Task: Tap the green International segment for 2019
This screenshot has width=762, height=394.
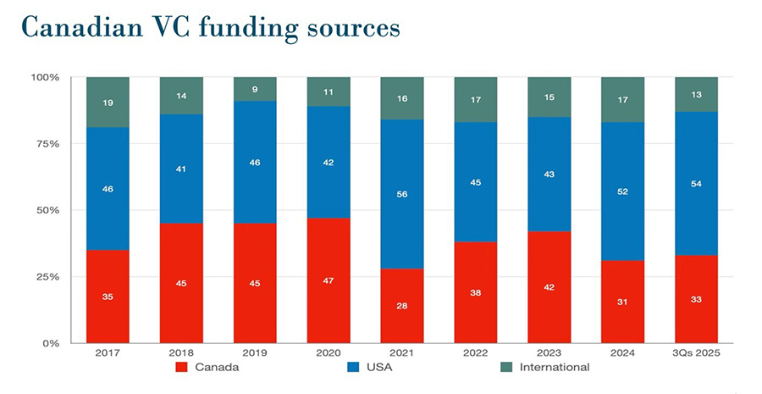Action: click(255, 89)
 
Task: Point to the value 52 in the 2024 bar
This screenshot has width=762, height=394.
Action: click(622, 192)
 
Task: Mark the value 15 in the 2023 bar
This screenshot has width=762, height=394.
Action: click(549, 97)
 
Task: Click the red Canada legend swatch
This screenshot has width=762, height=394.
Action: click(180, 367)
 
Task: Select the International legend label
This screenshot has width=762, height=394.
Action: click(555, 367)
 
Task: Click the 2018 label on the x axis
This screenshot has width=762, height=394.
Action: click(181, 352)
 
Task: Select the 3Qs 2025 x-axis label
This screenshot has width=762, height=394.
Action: click(696, 352)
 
